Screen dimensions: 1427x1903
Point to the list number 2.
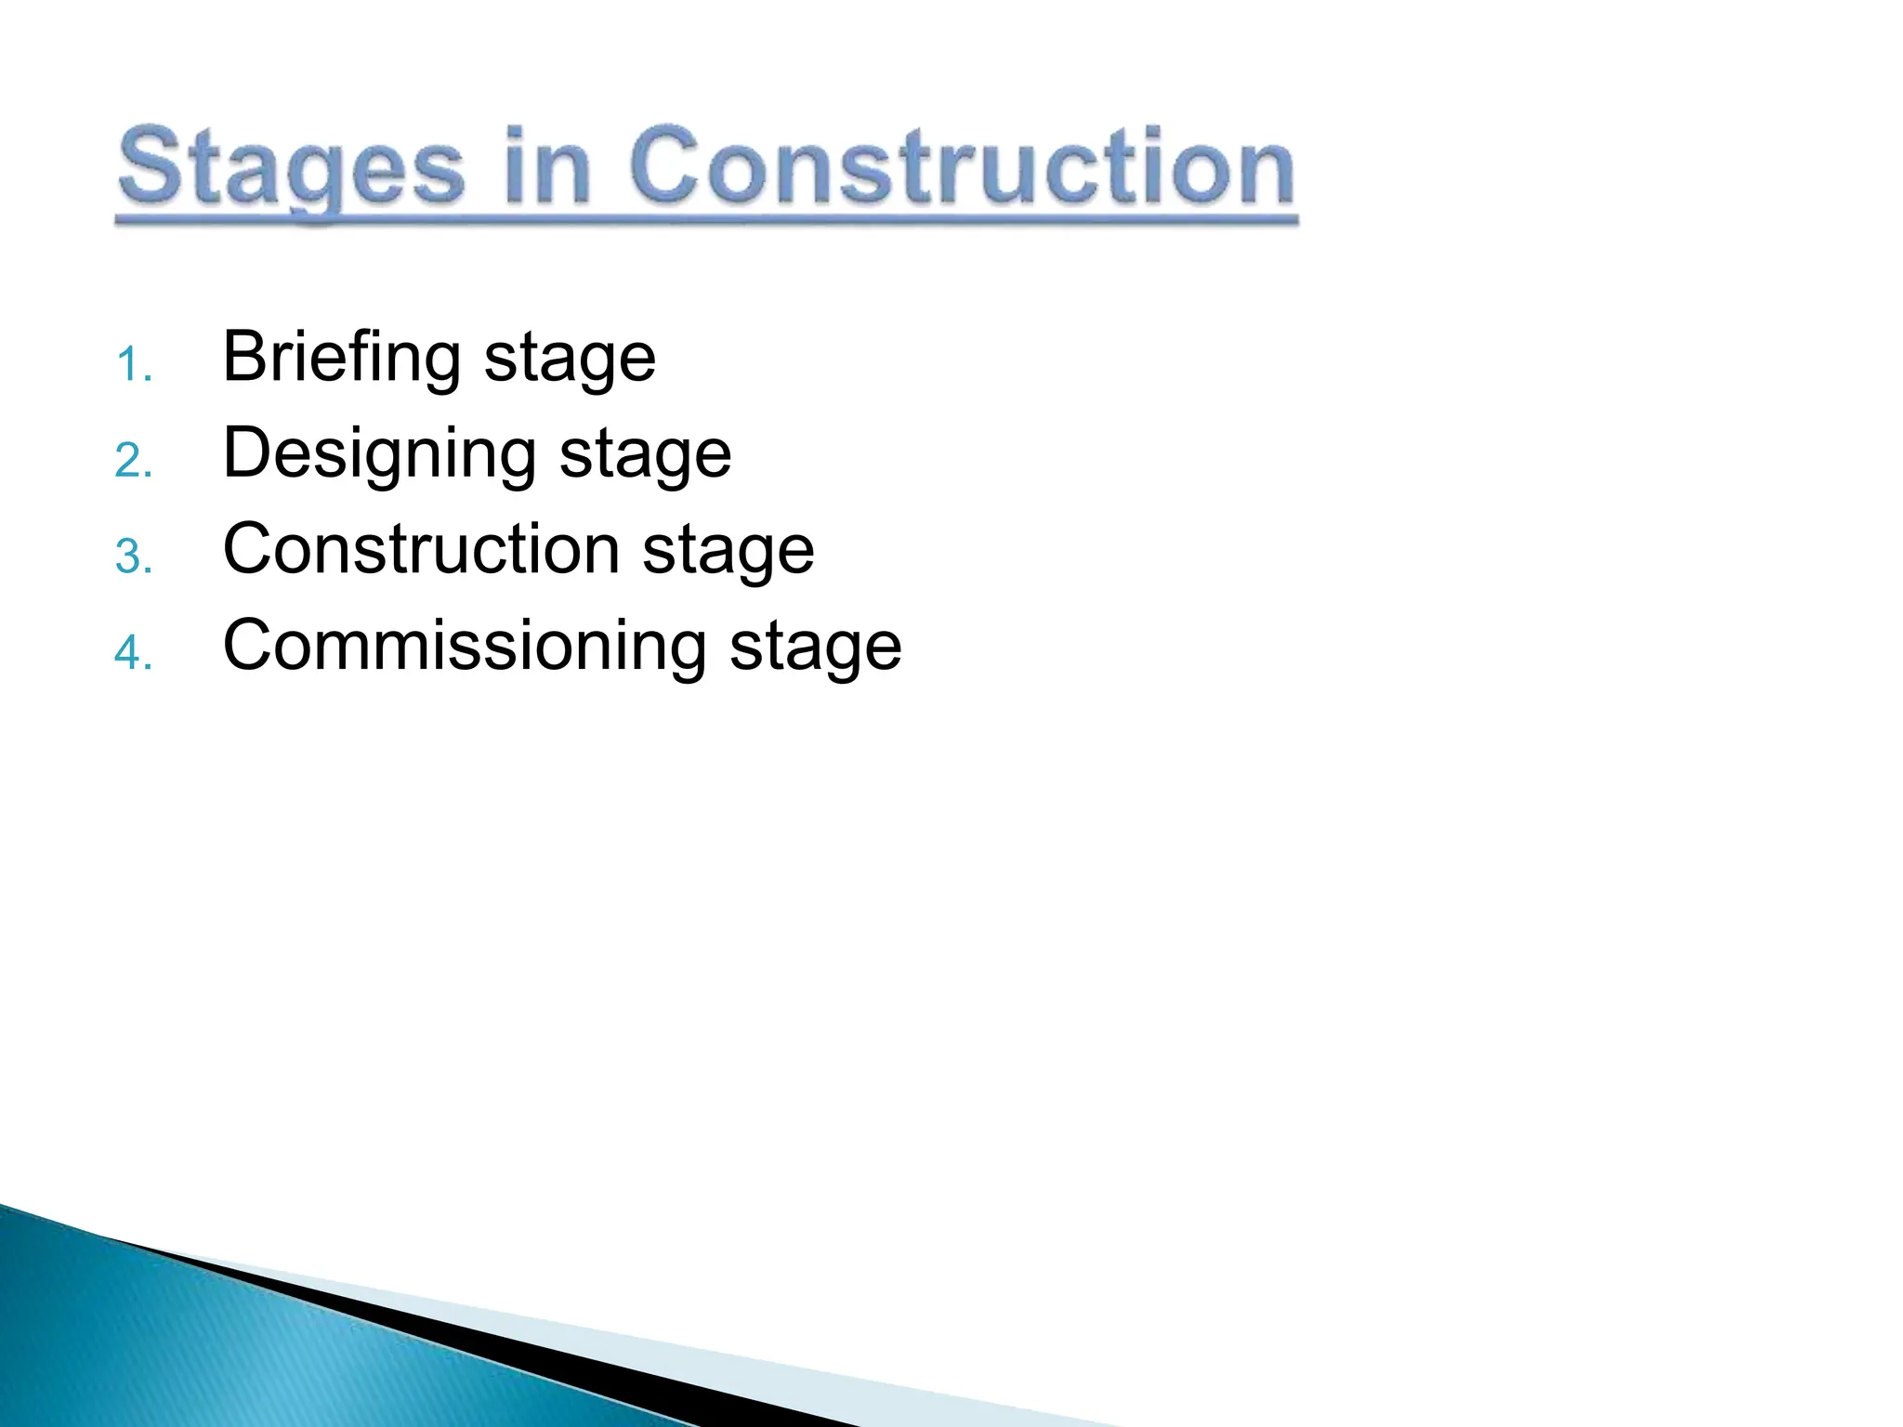tap(133, 461)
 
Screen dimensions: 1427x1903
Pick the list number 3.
tap(133, 557)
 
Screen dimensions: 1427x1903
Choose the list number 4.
tap(133, 653)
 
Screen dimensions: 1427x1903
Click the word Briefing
tap(341, 358)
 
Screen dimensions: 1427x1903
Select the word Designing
tap(379, 454)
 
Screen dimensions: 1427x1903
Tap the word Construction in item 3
tap(421, 549)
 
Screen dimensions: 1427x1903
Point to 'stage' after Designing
tap(645, 456)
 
